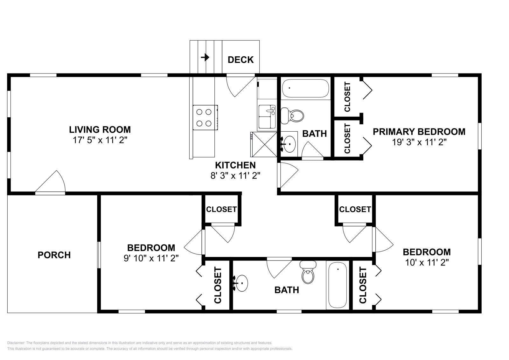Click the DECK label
pos(241,60)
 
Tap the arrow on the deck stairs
pos(205,57)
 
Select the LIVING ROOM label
pos(100,130)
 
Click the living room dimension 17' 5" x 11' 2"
pos(100,140)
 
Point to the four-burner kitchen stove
pos(206,117)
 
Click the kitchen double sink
pos(267,117)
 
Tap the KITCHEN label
pos(235,165)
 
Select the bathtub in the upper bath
pos(305,88)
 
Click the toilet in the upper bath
pos(292,116)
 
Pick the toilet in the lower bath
pos(308,272)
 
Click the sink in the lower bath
pos(241,283)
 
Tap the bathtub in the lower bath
pos(338,285)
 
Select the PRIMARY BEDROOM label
pos(419,132)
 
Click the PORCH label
pos(54,255)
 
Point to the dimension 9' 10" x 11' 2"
pos(151,258)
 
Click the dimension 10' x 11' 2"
pos(427,263)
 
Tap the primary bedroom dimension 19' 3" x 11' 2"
pos(419,142)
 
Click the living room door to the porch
pos(50,183)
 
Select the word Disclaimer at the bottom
pos(16,343)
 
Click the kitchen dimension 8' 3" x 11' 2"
pos(235,176)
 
